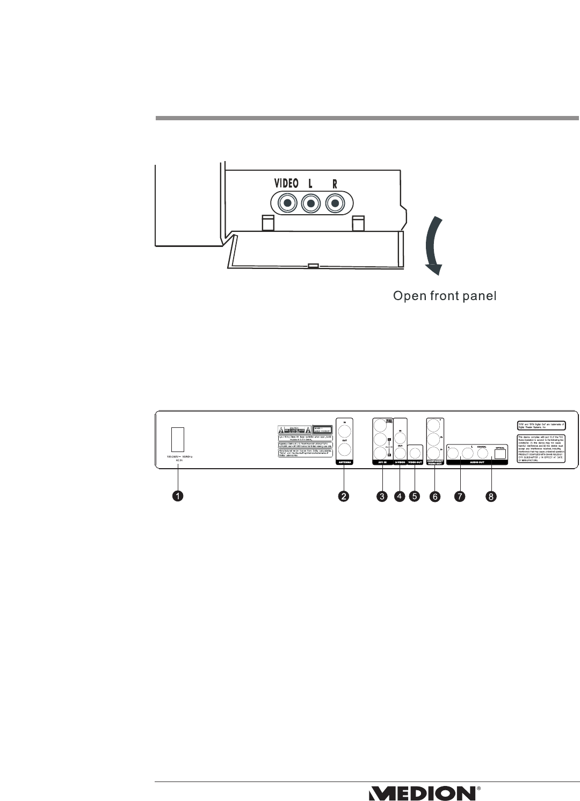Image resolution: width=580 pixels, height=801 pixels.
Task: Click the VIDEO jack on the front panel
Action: click(x=288, y=204)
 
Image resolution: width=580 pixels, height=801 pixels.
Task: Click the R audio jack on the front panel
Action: click(x=335, y=204)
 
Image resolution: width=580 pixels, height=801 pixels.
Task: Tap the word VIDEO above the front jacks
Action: click(x=286, y=183)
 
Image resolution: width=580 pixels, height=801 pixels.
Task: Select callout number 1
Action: click(x=178, y=497)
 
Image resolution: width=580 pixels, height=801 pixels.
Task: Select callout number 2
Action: click(x=344, y=497)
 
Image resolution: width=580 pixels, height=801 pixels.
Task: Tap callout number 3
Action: click(x=382, y=497)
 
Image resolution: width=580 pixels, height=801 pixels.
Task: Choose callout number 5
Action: click(x=415, y=497)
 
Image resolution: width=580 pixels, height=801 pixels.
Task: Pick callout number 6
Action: click(x=435, y=497)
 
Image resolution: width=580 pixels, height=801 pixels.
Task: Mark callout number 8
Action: click(x=491, y=497)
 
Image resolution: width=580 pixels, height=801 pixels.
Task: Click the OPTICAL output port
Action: click(x=500, y=454)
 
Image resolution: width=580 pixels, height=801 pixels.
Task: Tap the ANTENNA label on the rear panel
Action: click(x=344, y=461)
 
